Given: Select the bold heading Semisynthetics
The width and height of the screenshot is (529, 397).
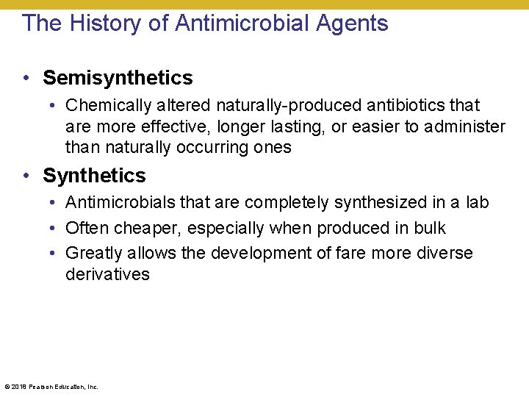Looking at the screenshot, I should coord(118,78).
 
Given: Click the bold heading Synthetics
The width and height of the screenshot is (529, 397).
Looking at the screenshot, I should coord(94,176).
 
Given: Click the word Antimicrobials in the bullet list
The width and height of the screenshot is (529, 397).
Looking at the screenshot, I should coord(117,203).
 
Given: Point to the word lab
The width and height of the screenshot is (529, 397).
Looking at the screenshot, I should coord(477,203).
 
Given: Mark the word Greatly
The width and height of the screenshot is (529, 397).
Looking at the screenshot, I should coord(92,254).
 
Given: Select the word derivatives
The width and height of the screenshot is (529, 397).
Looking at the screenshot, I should coord(107,275).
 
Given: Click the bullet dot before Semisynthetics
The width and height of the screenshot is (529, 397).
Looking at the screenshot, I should coord(26,78).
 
